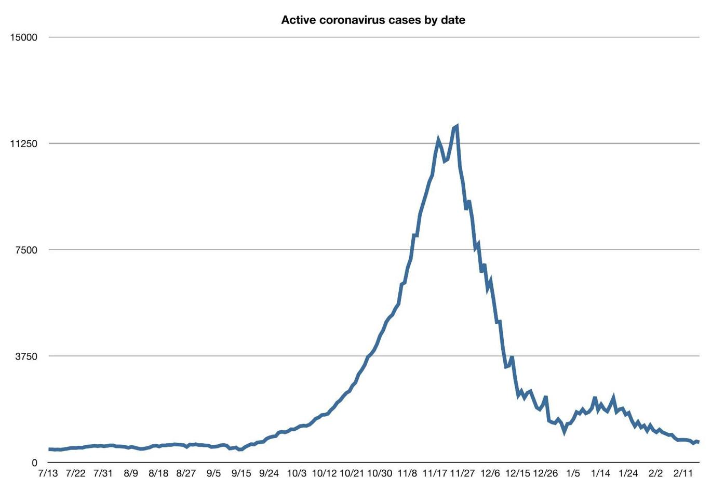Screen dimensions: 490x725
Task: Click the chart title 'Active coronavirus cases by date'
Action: point(373,20)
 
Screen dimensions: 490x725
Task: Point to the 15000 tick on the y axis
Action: point(24,37)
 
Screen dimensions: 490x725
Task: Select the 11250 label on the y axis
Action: point(24,144)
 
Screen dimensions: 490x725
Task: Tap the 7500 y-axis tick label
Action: point(27,250)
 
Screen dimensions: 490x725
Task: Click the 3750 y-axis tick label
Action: point(27,356)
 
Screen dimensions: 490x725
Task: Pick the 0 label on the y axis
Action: point(34,463)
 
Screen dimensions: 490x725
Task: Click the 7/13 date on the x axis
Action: point(48,473)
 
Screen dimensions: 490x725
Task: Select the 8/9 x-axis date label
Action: point(131,473)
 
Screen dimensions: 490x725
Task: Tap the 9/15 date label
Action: point(241,473)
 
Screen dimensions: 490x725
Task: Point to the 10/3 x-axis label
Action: point(297,473)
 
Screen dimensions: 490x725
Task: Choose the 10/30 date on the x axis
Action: point(380,473)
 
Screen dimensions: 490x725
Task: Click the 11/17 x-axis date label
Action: point(435,473)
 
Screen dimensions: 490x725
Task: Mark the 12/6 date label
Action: point(490,473)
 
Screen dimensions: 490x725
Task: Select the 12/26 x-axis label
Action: point(545,473)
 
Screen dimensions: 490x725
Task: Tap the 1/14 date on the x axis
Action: point(601,473)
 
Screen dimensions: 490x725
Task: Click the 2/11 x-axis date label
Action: point(683,473)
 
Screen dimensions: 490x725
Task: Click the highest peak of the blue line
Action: point(457,126)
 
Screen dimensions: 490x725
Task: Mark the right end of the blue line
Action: point(699,442)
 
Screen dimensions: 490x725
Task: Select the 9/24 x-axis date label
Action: point(269,473)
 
